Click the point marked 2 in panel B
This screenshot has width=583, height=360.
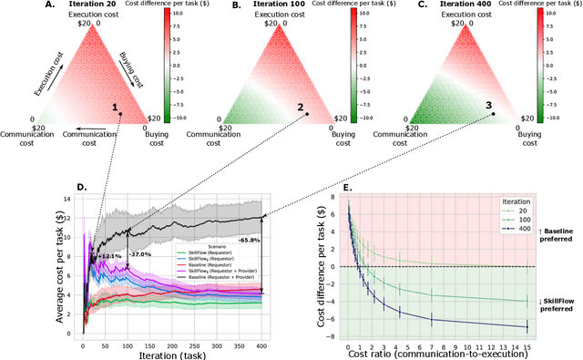pos(307,113)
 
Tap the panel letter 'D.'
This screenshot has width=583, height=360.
pos(81,188)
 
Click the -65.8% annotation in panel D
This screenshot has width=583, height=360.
pos(249,240)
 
